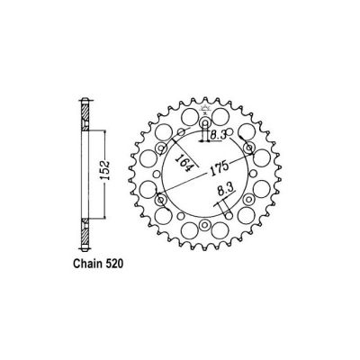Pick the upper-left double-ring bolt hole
[162, 148]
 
